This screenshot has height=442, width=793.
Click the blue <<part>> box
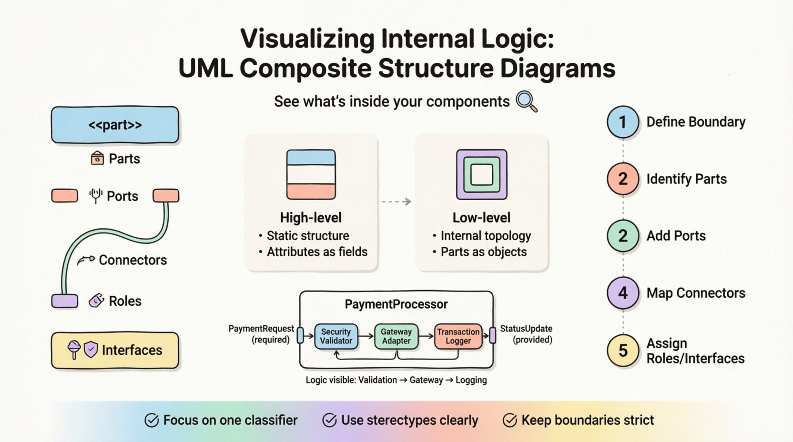click(x=115, y=125)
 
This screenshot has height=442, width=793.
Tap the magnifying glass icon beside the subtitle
click(x=527, y=101)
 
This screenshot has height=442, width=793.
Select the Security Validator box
click(x=336, y=336)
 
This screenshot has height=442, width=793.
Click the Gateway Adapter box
click(x=396, y=336)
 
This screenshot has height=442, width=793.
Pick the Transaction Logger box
click(x=458, y=336)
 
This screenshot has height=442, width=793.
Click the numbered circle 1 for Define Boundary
click(x=623, y=122)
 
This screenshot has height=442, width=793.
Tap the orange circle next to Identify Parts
click(x=623, y=179)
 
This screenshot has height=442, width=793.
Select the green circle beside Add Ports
click(x=623, y=236)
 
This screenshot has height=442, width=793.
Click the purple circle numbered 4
click(x=623, y=293)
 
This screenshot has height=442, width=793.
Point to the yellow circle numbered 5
click(x=623, y=351)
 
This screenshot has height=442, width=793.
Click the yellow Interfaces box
click(x=115, y=351)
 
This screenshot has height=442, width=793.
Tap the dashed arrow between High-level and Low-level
click(x=396, y=202)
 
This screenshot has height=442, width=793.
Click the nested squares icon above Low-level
click(x=481, y=174)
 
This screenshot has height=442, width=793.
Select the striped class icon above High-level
click(x=311, y=174)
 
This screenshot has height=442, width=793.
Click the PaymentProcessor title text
click(x=396, y=304)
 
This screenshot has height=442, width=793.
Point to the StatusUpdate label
click(x=526, y=329)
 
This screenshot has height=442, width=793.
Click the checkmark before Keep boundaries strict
click(x=509, y=420)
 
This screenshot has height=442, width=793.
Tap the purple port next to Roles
click(x=65, y=301)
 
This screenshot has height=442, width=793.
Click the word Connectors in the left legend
click(x=132, y=260)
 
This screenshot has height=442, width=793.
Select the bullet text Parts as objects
click(x=483, y=252)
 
